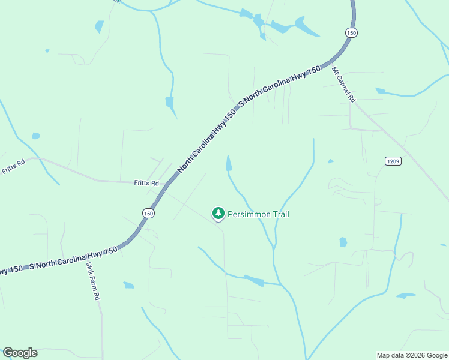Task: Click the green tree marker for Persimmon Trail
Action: pyautogui.click(x=218, y=213)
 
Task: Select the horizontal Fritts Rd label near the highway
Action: pyautogui.click(x=146, y=183)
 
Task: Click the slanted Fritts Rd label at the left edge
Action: pyautogui.click(x=13, y=166)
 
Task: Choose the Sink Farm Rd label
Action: pyautogui.click(x=92, y=280)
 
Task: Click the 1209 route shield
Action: pyautogui.click(x=393, y=161)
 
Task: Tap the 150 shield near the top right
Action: pyautogui.click(x=351, y=32)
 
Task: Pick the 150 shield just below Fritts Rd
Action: pyautogui.click(x=148, y=213)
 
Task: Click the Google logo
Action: pyautogui.click(x=20, y=353)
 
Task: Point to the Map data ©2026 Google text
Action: pyautogui.click(x=412, y=355)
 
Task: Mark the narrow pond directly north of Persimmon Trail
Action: pyautogui.click(x=228, y=164)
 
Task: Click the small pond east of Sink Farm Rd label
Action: pyautogui.click(x=128, y=285)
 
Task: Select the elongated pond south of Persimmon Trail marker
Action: pyautogui.click(x=254, y=280)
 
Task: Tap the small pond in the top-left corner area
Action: pyautogui.click(x=99, y=26)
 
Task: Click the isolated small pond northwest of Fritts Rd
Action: pyautogui.click(x=36, y=136)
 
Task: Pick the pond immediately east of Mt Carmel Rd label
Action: pyautogui.click(x=380, y=91)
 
